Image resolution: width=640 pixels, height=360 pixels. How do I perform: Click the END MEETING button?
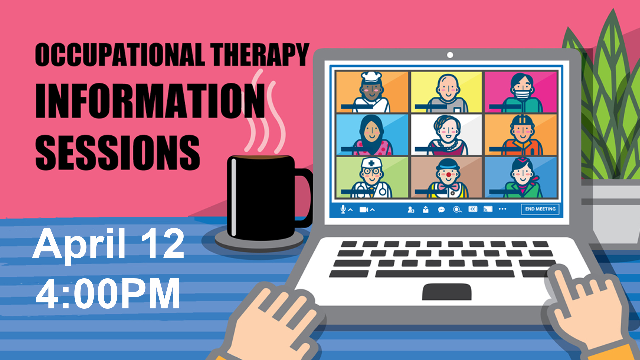tap(540, 209)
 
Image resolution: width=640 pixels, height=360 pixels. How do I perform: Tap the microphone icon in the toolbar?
tap(343, 209)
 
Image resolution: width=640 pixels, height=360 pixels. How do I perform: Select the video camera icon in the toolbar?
tap(364, 210)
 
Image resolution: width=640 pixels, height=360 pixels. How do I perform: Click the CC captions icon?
tap(473, 209)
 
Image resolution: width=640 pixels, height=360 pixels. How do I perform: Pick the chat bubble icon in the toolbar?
tap(441, 210)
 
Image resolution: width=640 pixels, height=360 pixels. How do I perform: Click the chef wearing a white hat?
tap(372, 92)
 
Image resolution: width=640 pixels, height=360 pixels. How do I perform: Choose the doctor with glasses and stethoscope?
tap(372, 178)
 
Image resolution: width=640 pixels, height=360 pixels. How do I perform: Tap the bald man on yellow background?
tap(448, 93)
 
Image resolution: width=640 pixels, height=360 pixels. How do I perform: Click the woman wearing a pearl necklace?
tap(447, 135)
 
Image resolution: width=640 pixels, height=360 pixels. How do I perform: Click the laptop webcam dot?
tap(450, 55)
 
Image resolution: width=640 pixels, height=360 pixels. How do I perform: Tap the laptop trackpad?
tap(447, 292)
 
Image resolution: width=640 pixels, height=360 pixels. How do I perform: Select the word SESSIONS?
tap(118, 152)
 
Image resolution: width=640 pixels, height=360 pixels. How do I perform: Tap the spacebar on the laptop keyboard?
tap(445, 274)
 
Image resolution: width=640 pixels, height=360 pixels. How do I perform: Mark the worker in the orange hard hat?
tap(522, 135)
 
